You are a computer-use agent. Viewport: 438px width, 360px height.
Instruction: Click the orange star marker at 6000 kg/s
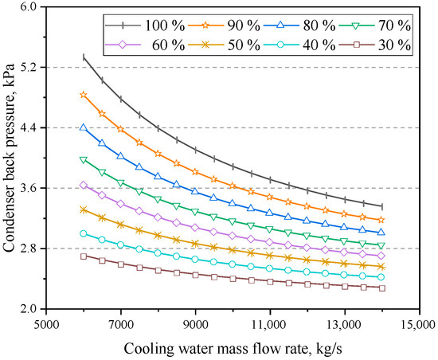[x=84, y=95]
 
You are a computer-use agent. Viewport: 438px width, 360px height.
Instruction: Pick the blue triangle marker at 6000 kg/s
[x=84, y=127]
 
